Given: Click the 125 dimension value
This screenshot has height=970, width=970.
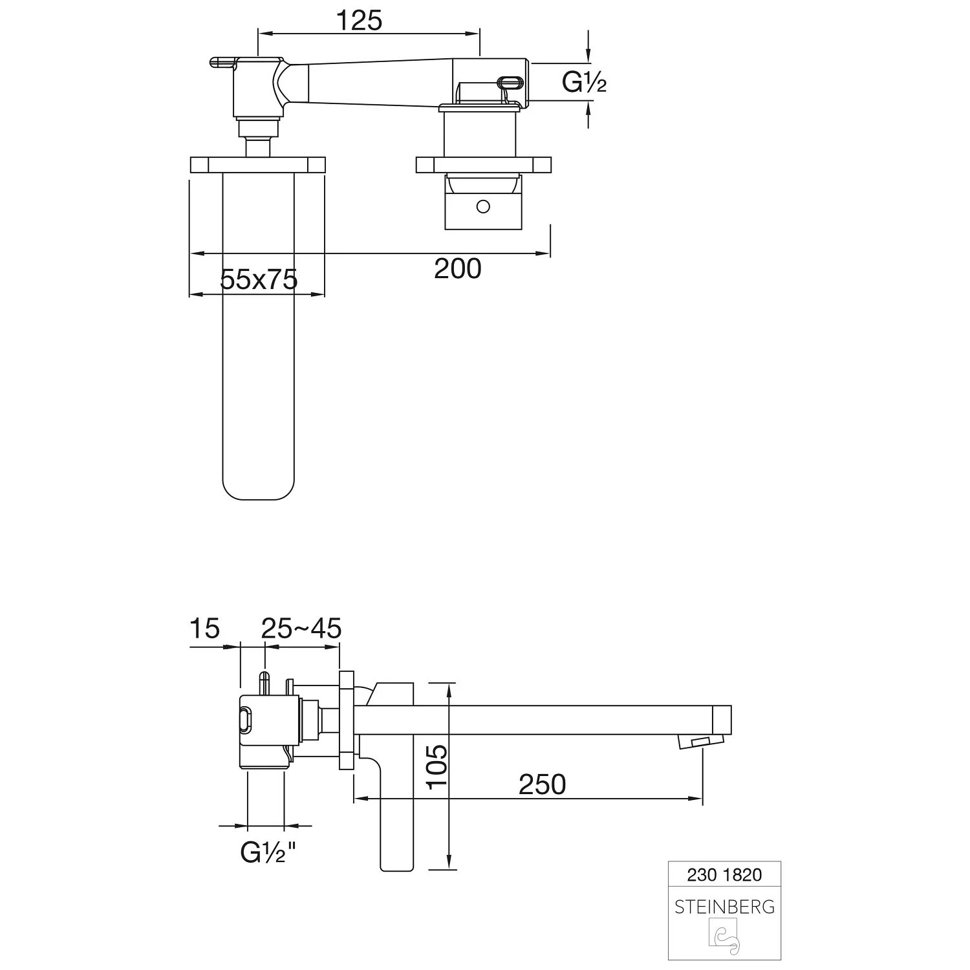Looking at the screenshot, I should pyautogui.click(x=359, y=21).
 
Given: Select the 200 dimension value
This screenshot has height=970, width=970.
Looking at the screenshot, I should pyautogui.click(x=457, y=268).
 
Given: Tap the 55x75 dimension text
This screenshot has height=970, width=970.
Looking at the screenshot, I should pyautogui.click(x=259, y=279).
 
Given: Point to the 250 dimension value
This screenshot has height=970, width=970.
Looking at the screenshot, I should pyautogui.click(x=542, y=784).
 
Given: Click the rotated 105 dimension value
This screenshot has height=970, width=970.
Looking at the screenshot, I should pyautogui.click(x=438, y=765).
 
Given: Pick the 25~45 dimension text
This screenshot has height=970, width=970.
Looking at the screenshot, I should pyautogui.click(x=301, y=628).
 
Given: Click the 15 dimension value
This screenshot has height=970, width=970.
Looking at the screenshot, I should pyautogui.click(x=205, y=628).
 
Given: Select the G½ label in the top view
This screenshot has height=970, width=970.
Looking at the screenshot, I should pyautogui.click(x=583, y=82).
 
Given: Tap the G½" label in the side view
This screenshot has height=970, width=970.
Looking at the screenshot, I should pyautogui.click(x=268, y=854).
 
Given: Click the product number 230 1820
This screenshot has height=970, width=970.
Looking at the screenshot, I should pyautogui.click(x=724, y=875).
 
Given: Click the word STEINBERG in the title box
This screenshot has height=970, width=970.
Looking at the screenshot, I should pyautogui.click(x=724, y=907).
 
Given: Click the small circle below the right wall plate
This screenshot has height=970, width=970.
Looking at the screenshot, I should pyautogui.click(x=483, y=207).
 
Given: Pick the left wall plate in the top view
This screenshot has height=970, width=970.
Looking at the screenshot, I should pyautogui.click(x=257, y=165).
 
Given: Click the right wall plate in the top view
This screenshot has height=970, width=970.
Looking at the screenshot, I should pyautogui.click(x=483, y=165).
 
